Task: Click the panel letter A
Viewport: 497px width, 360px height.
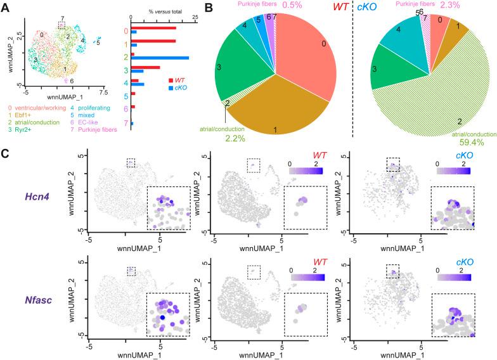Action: pyautogui.click(x=6, y=8)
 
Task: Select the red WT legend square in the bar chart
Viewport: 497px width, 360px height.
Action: pyautogui.click(x=170, y=80)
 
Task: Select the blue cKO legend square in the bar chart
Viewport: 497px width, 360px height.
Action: pyautogui.click(x=170, y=87)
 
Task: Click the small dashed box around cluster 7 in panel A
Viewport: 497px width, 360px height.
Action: pyautogui.click(x=61, y=25)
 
